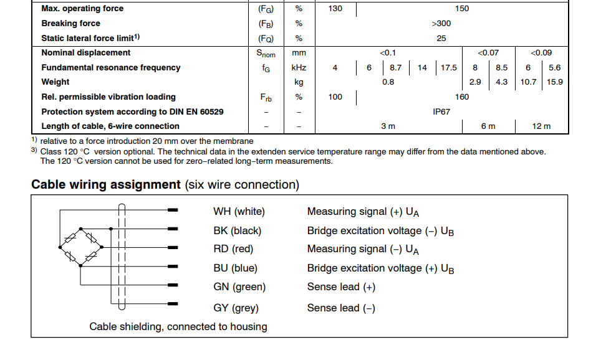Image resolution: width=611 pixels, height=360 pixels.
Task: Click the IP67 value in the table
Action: point(441,112)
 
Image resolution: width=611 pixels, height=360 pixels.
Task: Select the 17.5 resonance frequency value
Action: point(449,68)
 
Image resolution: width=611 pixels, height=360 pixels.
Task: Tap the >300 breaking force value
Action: point(441,24)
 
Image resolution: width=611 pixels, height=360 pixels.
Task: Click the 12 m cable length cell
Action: point(541,126)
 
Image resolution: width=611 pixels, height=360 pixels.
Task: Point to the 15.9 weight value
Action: point(554,82)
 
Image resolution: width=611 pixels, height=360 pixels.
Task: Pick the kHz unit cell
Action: point(299,68)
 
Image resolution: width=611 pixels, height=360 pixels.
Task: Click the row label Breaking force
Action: point(70,24)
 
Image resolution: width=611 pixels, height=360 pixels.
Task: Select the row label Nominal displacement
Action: point(86,53)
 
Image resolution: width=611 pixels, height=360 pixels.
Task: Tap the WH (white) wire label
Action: point(239,212)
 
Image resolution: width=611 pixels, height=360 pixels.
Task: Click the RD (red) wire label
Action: point(234,249)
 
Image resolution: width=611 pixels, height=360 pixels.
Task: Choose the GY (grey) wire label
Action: point(236,308)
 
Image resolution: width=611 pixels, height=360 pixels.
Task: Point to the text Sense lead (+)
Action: point(341,287)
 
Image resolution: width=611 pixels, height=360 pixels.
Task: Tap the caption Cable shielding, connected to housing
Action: point(178,326)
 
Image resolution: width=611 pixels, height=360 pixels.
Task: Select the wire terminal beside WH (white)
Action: point(173,211)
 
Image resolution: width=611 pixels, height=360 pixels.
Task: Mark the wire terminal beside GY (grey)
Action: point(173,303)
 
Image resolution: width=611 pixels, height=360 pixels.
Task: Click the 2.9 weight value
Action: point(475,82)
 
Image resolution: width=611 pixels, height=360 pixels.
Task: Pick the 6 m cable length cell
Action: point(488,126)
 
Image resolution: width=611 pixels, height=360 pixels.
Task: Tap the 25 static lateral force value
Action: point(441,39)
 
